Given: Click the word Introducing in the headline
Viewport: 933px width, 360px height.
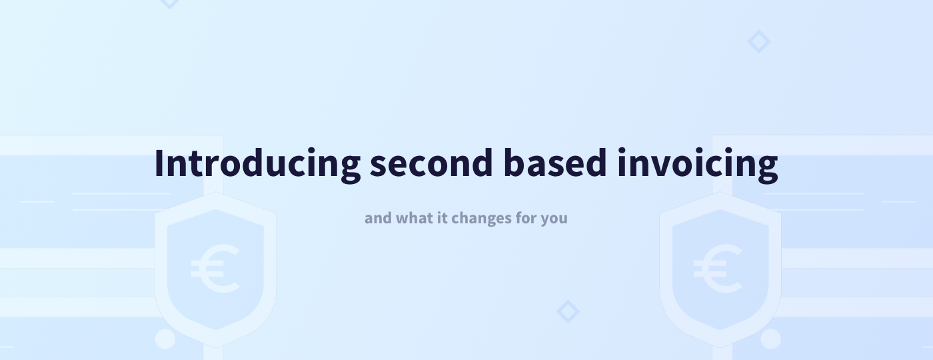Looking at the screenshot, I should pyautogui.click(x=257, y=163).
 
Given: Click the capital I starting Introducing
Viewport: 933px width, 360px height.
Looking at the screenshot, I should pyautogui.click(x=159, y=163).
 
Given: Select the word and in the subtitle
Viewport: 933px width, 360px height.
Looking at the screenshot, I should pyautogui.click(x=378, y=218).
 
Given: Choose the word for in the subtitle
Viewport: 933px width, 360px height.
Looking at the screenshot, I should pyautogui.click(x=526, y=218).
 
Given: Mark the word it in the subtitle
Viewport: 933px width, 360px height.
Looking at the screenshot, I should pyautogui.click(x=442, y=218).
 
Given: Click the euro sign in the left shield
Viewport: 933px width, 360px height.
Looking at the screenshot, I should pyautogui.click(x=215, y=269).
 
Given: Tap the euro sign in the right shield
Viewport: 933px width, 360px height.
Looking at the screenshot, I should pyautogui.click(x=718, y=269).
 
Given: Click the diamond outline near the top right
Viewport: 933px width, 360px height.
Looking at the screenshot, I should pyautogui.click(x=758, y=42).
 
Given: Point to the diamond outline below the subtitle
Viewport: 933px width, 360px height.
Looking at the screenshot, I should pyautogui.click(x=568, y=311).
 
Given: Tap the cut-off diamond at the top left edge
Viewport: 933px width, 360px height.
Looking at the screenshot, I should pyautogui.click(x=170, y=3).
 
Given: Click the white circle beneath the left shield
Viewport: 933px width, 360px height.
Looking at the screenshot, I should pyautogui.click(x=165, y=339).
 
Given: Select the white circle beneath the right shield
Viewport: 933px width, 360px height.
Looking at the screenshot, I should pyautogui.click(x=770, y=339).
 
